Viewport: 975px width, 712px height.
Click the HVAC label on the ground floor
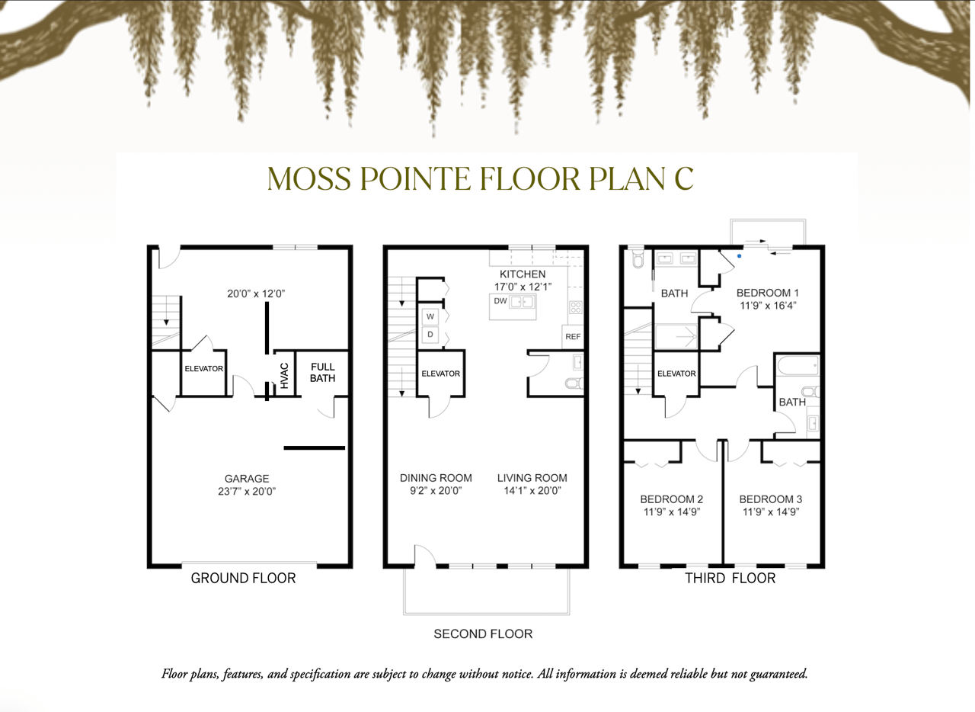coord(284,376)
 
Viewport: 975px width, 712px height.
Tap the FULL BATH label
coord(322,373)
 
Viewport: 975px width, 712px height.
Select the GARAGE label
coord(247,479)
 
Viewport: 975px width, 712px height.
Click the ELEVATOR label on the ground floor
coord(203,369)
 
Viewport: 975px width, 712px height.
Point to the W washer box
coord(430,317)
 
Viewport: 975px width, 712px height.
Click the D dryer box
coord(430,335)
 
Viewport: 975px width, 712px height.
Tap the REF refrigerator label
coord(573,336)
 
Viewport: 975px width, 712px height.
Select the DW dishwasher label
coord(500,300)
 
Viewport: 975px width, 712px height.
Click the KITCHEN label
coord(523,274)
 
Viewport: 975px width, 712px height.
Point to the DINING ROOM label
coord(436,478)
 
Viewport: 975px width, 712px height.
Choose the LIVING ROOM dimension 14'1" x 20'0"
coord(532,491)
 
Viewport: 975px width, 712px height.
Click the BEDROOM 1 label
coord(767,293)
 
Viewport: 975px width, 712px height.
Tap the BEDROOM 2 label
coord(672,499)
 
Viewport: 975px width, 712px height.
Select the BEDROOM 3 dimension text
coord(770,512)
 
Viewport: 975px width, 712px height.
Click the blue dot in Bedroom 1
coord(739,256)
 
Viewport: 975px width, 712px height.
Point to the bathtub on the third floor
coord(798,366)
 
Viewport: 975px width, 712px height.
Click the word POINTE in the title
coord(415,178)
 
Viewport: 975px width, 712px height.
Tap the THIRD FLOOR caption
coord(730,579)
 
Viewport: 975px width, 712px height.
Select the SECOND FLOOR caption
coord(483,633)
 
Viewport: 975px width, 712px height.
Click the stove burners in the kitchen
coord(575,307)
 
